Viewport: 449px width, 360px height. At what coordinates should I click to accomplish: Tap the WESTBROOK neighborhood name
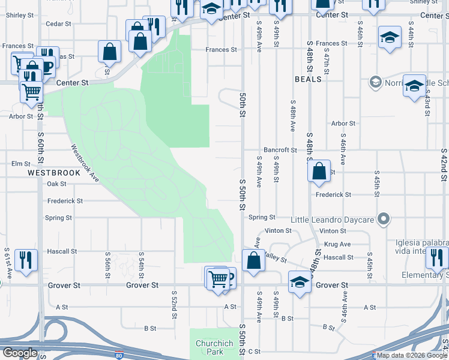pos(54,173)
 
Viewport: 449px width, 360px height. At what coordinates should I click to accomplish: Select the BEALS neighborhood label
pos(308,79)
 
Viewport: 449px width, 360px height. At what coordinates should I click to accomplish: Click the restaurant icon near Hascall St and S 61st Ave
pos(26,260)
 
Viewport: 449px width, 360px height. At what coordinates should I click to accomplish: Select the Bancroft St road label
pos(280,150)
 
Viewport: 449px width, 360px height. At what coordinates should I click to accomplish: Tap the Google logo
pos(20,353)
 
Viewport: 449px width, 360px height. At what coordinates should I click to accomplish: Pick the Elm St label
pos(20,163)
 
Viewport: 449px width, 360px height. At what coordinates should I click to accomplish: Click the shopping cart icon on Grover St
pos(217,278)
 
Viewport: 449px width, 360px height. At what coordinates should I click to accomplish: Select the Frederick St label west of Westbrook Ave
pos(65,201)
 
